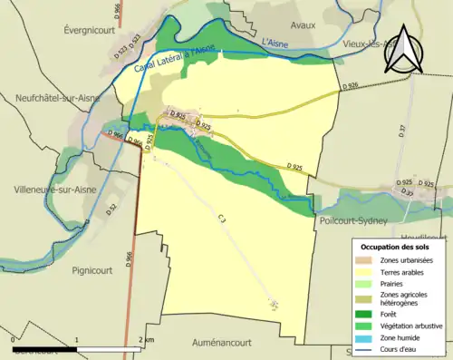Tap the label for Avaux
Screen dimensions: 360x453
(303, 25)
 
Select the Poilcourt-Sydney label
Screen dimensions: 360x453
(354, 220)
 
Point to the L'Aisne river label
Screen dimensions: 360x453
(277, 43)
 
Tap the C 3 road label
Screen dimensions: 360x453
(223, 219)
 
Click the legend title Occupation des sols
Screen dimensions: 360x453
(395, 246)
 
